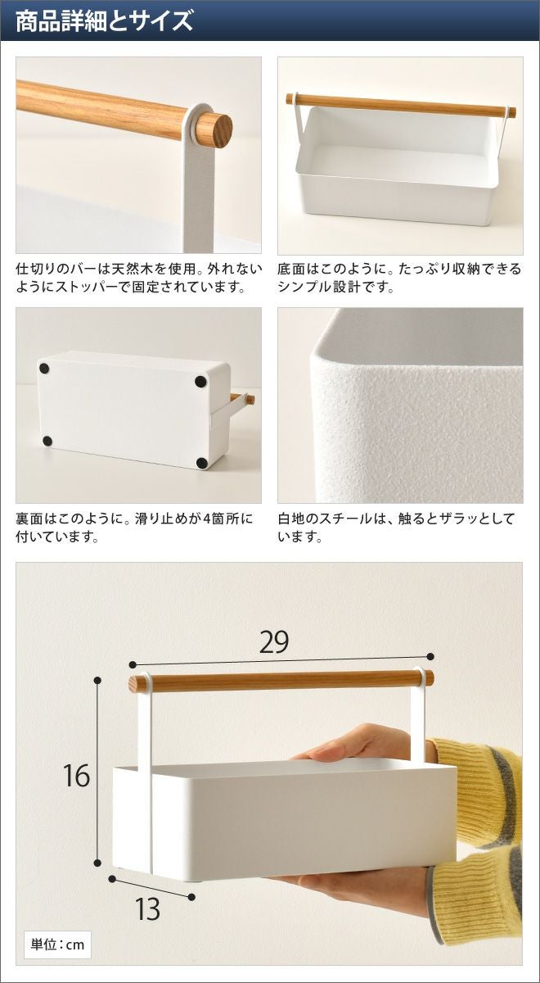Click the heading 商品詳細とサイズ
click(104, 21)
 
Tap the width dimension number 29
click(274, 642)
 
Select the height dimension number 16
click(76, 776)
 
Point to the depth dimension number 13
click(147, 908)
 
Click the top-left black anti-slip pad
click(44, 368)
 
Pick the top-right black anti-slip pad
click(200, 382)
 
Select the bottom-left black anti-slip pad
click(47, 441)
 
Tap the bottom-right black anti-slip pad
click(201, 462)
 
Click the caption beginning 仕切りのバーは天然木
click(139, 278)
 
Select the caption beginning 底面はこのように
click(399, 278)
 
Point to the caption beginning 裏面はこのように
click(134, 527)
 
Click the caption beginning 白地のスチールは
click(396, 527)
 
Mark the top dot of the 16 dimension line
click(97, 680)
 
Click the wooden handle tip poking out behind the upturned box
click(250, 399)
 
